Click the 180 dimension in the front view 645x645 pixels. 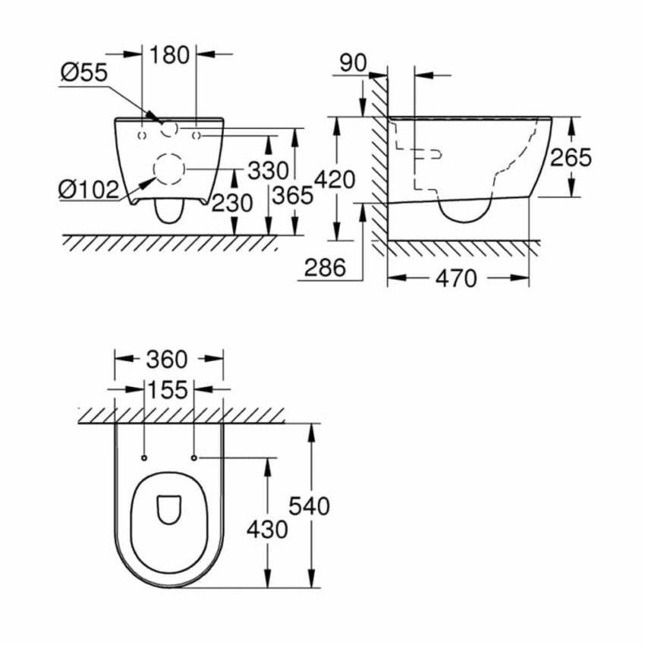click(169, 55)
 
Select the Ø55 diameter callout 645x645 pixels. click(83, 73)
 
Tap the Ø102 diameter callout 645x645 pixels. click(88, 188)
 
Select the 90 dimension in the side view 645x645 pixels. click(352, 62)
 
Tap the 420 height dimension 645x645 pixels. click(334, 180)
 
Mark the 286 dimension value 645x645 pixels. click(324, 267)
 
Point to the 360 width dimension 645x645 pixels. click(168, 358)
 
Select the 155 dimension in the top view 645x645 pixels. click(168, 390)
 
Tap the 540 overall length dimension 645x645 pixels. click(310, 505)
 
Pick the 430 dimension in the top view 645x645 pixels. click(267, 528)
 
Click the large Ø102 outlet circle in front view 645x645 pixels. click(169, 168)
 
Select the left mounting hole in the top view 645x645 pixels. click(143, 458)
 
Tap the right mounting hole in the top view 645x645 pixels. click(194, 458)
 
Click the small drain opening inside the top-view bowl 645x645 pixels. click(168, 510)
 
